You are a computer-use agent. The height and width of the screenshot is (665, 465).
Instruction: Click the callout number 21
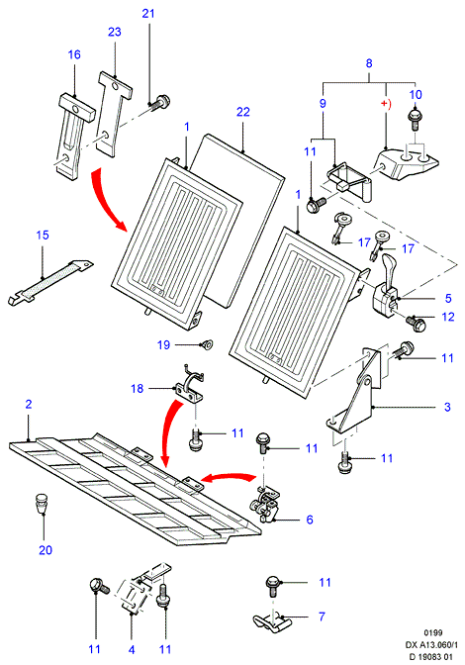[x=148, y=13]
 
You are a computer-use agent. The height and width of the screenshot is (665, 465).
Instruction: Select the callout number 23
[x=115, y=32]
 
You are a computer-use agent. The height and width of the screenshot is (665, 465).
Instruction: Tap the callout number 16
[x=74, y=54]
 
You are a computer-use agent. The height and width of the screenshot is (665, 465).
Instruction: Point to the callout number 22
[x=242, y=112]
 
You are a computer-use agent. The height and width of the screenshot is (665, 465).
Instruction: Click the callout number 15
[x=43, y=235]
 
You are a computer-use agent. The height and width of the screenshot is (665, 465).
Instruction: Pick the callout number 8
[x=369, y=63]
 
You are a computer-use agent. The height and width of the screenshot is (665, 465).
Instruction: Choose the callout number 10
[x=416, y=94]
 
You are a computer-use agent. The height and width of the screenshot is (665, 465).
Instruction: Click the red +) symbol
[x=385, y=104]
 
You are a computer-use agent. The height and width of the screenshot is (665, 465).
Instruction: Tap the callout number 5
[x=448, y=298]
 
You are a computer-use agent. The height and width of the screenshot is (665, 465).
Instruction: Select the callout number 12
[x=448, y=317]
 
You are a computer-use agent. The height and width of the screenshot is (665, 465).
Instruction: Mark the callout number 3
[x=447, y=407]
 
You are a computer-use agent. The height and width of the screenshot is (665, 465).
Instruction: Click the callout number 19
[x=163, y=344]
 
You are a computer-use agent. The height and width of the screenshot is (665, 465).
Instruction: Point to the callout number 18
[x=137, y=388]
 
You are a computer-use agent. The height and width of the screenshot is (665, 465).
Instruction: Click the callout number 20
[x=46, y=550]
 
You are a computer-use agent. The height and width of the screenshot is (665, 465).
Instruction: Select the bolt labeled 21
[x=160, y=102]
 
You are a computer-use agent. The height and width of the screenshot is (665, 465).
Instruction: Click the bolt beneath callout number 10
[x=415, y=120]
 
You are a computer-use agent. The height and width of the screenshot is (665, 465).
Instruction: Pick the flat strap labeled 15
[x=50, y=282]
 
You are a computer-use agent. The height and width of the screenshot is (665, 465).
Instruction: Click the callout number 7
[x=322, y=616]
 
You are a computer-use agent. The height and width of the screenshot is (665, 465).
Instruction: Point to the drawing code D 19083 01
[x=430, y=656]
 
